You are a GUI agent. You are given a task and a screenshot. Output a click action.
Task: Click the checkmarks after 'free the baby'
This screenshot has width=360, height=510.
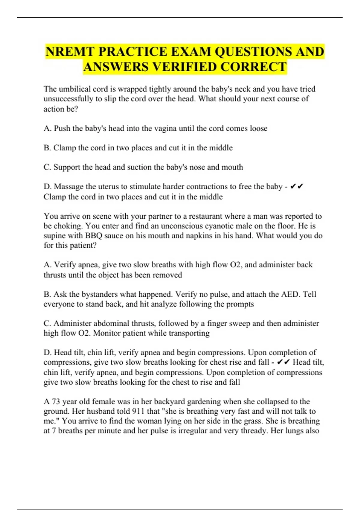[297, 187]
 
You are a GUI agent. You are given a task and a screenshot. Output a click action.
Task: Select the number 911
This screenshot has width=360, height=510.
[138, 411]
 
